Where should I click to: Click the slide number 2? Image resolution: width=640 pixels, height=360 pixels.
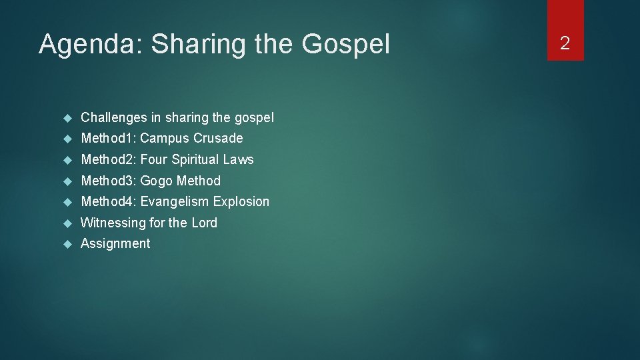565,44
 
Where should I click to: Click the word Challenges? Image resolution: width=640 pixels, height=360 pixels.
113,118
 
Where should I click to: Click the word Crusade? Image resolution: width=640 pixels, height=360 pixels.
218,139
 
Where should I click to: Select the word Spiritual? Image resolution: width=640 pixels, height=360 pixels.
195,159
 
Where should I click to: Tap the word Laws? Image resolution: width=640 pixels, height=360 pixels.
239,159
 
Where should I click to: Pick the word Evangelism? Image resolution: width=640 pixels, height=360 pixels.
175,201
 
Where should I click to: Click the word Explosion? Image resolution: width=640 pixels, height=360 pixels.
241,201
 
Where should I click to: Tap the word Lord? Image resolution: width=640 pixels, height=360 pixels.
204,223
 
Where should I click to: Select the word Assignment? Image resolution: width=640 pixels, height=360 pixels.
115,244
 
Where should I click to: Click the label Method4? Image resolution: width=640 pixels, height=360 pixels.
108,201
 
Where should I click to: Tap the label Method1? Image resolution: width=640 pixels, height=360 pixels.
108,139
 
